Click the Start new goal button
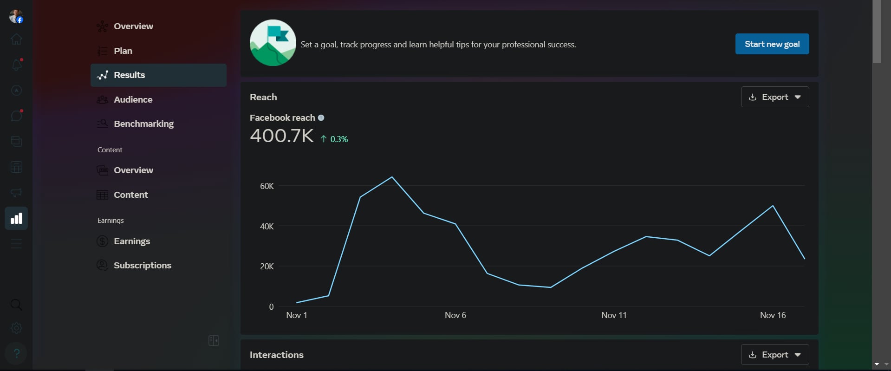click(x=772, y=44)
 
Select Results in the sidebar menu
click(x=158, y=75)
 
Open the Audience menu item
click(x=133, y=99)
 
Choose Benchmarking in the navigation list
click(x=143, y=124)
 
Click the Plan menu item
click(x=123, y=51)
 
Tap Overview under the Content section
click(x=133, y=170)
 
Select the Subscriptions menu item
click(x=142, y=266)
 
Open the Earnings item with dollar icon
click(x=132, y=241)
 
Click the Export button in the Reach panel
click(x=774, y=97)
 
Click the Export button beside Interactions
click(x=774, y=355)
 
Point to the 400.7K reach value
click(x=282, y=136)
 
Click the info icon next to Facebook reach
click(x=321, y=118)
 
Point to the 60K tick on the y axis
click(x=267, y=186)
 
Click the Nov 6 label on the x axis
click(x=455, y=315)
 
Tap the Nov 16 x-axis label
click(x=773, y=315)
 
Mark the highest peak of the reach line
click(x=392, y=177)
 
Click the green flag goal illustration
click(x=273, y=43)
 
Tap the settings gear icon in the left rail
click(x=16, y=328)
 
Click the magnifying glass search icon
click(x=16, y=305)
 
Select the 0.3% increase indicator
click(x=334, y=139)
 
